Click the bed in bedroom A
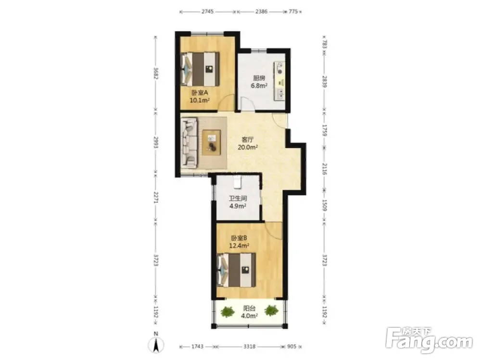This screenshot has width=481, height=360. (200, 69)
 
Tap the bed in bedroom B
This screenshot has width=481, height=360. (237, 270)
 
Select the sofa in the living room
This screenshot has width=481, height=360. (189, 143)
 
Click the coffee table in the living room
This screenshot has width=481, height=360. (212, 143)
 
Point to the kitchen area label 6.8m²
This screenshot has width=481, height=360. (259, 86)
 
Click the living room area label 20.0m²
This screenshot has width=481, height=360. (248, 148)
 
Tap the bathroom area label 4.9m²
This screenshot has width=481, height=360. (238, 206)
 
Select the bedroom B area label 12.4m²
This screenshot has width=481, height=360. (239, 246)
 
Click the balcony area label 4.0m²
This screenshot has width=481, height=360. (249, 316)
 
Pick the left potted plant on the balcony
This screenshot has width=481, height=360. (227, 311)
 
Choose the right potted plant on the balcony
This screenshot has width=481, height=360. (271, 310)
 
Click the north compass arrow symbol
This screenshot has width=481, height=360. (156, 345)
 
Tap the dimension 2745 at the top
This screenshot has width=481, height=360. (208, 12)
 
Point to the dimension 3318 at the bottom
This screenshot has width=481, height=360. (249, 347)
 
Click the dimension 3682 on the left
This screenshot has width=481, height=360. (156, 73)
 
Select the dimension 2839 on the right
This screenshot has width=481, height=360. (325, 82)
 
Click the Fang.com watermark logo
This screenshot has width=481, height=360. (429, 340)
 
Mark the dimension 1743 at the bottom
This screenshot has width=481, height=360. (197, 347)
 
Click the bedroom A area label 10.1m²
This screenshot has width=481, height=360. (200, 100)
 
